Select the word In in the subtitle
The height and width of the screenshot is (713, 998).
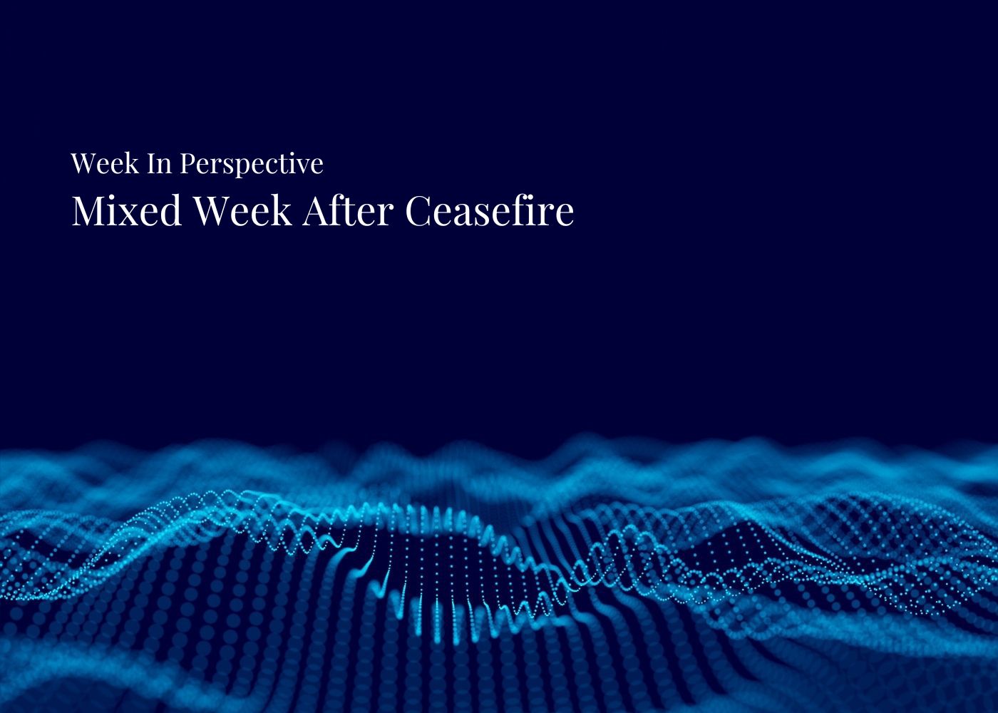(159, 163)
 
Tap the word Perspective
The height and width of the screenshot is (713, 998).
(251, 164)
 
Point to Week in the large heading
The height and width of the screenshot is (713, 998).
(242, 211)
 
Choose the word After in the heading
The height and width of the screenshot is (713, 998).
(348, 211)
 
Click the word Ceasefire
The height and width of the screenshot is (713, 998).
(489, 211)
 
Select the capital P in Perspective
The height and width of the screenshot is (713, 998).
(187, 163)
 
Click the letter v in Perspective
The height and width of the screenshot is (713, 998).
(302, 165)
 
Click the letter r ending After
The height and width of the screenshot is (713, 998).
(388, 214)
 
